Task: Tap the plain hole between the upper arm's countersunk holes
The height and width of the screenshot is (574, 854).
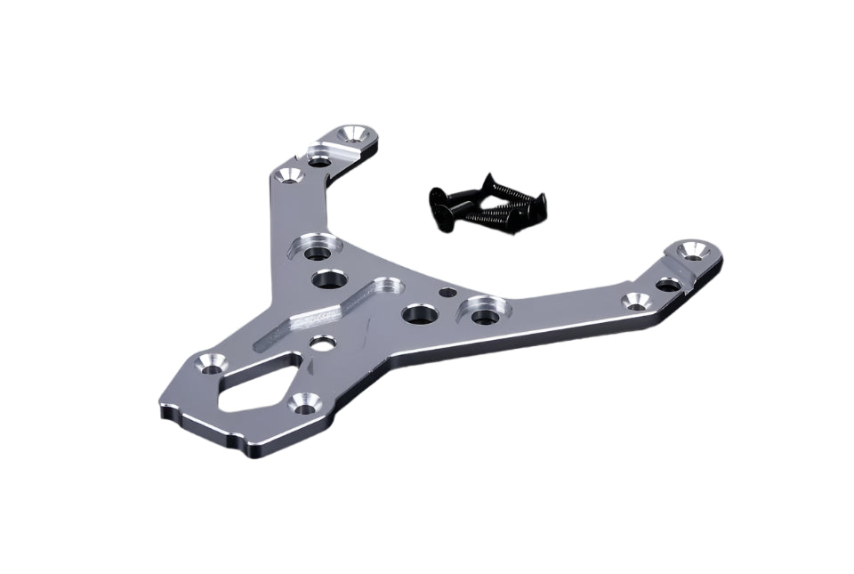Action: pos(318,161)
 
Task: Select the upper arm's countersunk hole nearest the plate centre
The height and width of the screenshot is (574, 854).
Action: pos(289,174)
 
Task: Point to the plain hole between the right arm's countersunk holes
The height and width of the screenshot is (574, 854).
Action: pos(669,285)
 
